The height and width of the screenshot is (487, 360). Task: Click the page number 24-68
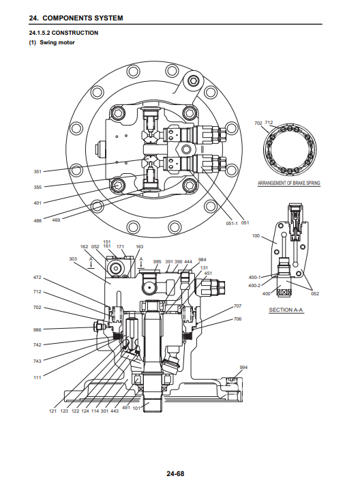point(175,473)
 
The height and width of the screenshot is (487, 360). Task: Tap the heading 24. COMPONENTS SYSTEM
point(76,18)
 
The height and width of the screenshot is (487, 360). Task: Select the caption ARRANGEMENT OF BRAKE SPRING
point(288,183)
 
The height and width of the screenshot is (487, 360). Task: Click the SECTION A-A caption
point(286,310)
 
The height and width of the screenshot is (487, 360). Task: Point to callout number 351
point(37,171)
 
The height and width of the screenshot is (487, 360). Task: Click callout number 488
point(37,220)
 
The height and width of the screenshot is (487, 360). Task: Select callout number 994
point(243,368)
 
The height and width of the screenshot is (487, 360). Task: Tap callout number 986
point(37,329)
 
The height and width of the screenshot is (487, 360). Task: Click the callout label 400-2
point(254,285)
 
